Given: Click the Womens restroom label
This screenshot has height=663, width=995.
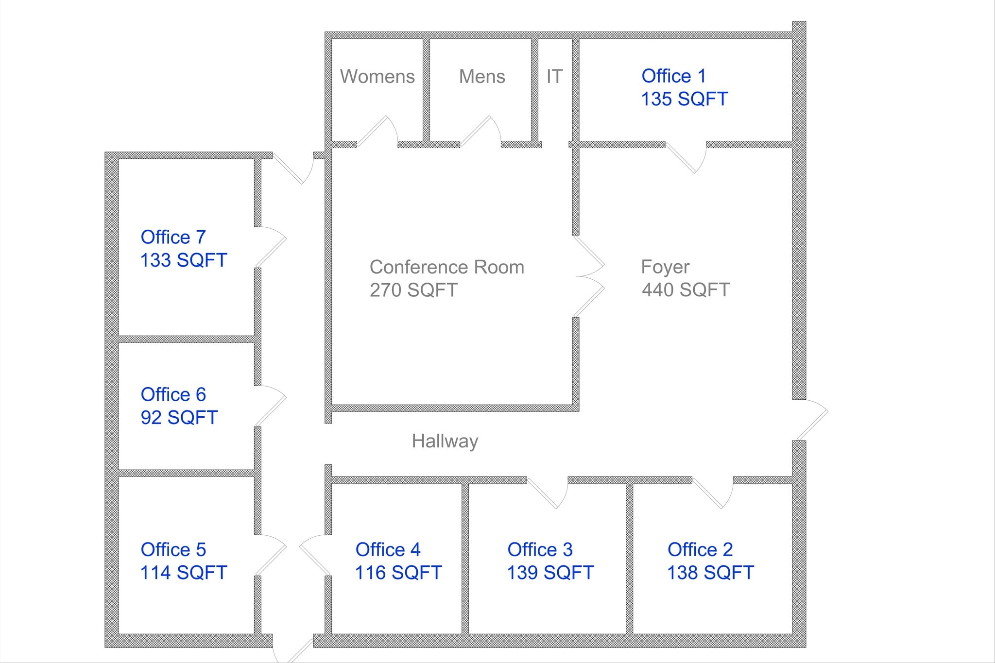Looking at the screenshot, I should [x=377, y=77].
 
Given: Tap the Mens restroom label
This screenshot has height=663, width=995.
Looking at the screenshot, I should [x=482, y=77].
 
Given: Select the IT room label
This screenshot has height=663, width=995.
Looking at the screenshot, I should [x=554, y=76].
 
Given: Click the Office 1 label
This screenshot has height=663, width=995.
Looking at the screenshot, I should [x=673, y=76].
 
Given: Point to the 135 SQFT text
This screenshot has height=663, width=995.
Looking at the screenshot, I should [x=684, y=99].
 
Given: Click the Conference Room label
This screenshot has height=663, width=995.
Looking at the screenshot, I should [x=446, y=267].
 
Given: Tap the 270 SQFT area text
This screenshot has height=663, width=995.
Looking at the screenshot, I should [x=413, y=290].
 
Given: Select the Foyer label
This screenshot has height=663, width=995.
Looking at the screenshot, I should [x=665, y=267].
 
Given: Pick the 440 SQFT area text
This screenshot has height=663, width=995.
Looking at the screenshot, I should [x=686, y=290].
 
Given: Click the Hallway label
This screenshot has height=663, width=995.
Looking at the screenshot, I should [x=445, y=441].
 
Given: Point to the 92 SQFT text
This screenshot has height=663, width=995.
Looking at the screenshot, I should [x=179, y=417].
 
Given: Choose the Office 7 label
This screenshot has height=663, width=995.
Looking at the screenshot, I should [x=173, y=237].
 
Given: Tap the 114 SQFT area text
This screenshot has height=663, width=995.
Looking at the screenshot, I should [x=183, y=573].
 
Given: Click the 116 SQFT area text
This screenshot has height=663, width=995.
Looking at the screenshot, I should [x=398, y=573].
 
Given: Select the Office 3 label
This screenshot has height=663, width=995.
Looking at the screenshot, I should [x=540, y=550].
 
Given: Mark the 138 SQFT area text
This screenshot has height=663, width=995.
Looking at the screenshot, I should [x=710, y=573].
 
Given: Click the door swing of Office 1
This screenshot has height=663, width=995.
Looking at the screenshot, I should [x=686, y=156].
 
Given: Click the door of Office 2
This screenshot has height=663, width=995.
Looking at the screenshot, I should [x=713, y=493].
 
